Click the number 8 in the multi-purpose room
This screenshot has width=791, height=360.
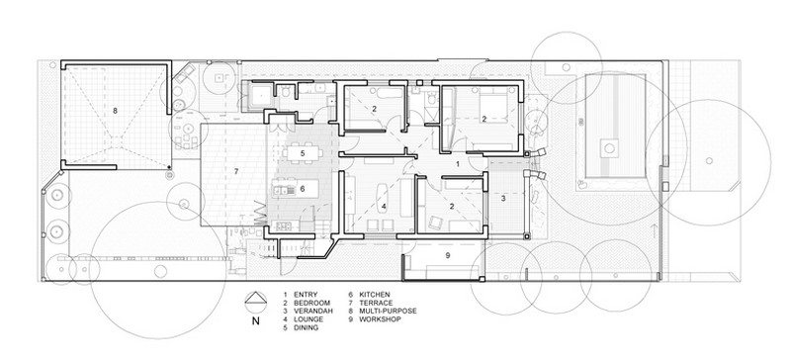pos(115,111)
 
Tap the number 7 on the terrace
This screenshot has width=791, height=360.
pos(236,172)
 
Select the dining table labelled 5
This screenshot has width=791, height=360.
pos(303,152)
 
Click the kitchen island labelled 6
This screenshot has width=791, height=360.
pos(296,188)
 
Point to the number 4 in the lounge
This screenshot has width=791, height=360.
pos(384,206)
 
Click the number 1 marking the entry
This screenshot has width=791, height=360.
pos(458,164)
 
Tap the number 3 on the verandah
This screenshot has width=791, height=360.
pos(503,199)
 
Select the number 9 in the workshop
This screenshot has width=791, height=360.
pos(448,255)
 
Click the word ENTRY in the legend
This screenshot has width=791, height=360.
pos(306,295)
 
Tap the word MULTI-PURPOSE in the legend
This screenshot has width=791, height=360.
pos(388,311)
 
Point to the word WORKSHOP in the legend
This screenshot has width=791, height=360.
pos(380,319)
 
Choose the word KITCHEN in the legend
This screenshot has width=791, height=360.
pos(375,295)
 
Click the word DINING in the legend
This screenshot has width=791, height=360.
pos(306,327)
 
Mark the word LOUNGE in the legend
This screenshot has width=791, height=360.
pos(308,319)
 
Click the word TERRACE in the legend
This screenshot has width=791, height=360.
pos(376,303)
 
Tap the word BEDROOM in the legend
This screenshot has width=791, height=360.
pos(311,303)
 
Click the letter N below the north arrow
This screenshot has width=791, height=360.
pos(256,321)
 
